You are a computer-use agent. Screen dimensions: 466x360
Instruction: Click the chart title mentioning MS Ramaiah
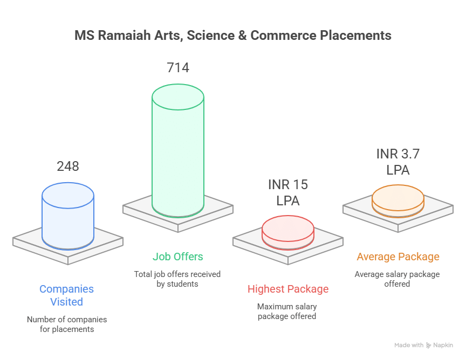tap(232, 36)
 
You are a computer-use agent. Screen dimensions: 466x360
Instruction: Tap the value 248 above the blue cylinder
tap(68, 167)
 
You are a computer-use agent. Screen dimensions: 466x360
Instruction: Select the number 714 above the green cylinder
tap(178, 68)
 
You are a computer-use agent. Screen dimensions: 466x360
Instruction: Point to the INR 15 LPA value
tap(287, 192)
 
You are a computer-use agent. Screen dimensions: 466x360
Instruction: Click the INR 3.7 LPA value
tap(398, 162)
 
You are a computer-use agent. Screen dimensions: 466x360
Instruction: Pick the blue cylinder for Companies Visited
tap(68, 216)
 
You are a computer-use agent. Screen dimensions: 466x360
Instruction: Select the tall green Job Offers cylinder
tap(178, 150)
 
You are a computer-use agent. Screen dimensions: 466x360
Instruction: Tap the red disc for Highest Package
tap(287, 233)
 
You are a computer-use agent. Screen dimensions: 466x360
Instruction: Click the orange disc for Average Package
tap(398, 201)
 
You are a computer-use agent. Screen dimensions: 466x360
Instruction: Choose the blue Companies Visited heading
tap(66, 295)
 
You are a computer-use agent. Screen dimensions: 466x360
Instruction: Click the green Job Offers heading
tap(178, 257)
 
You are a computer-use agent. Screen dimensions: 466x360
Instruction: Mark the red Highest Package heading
tap(288, 289)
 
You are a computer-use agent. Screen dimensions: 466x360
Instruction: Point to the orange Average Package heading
tap(398, 257)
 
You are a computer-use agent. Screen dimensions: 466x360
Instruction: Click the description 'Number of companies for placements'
tap(67, 324)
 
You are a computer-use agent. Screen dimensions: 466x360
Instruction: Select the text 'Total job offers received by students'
tap(177, 279)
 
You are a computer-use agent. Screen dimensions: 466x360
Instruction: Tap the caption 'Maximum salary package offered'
tap(287, 311)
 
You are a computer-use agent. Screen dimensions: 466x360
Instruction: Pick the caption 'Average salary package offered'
tap(397, 279)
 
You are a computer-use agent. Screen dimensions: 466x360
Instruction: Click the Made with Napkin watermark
tap(423, 345)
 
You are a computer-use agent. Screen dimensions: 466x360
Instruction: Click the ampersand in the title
tap(243, 36)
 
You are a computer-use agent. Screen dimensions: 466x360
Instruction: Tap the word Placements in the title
tap(356, 36)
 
